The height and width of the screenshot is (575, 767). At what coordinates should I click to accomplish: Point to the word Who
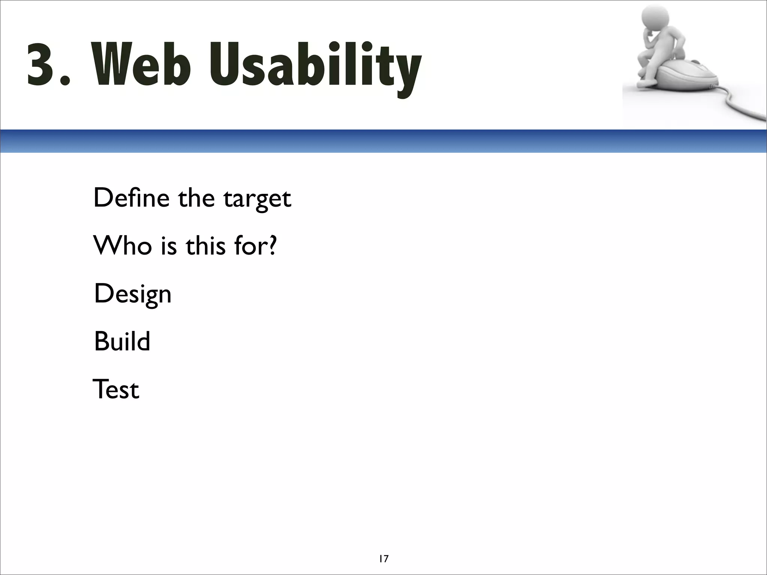pos(122,246)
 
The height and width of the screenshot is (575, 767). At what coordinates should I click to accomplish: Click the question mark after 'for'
pos(272,246)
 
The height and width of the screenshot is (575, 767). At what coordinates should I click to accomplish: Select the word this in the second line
pos(206,246)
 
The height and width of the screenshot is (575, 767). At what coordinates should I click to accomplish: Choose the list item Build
pos(122,341)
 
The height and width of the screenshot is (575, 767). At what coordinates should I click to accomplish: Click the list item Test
pos(116,389)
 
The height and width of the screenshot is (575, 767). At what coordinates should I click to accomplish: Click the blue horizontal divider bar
pos(383,141)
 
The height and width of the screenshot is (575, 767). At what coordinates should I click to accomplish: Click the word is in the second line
pos(169,246)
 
